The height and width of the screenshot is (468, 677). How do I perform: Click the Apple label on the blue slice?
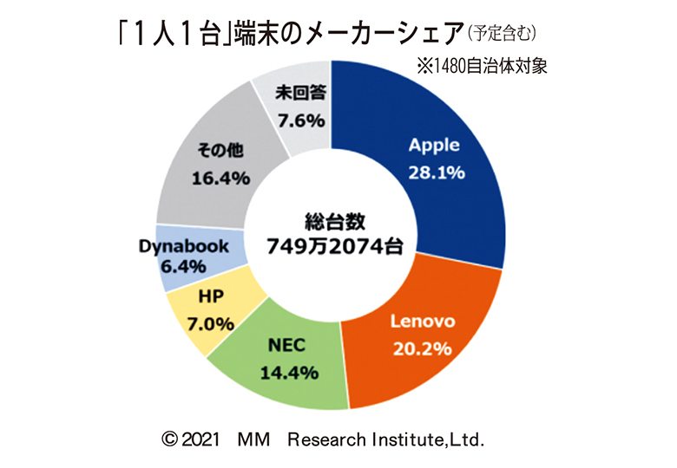click(x=434, y=145)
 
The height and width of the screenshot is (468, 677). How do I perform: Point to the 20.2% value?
click(x=420, y=349)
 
